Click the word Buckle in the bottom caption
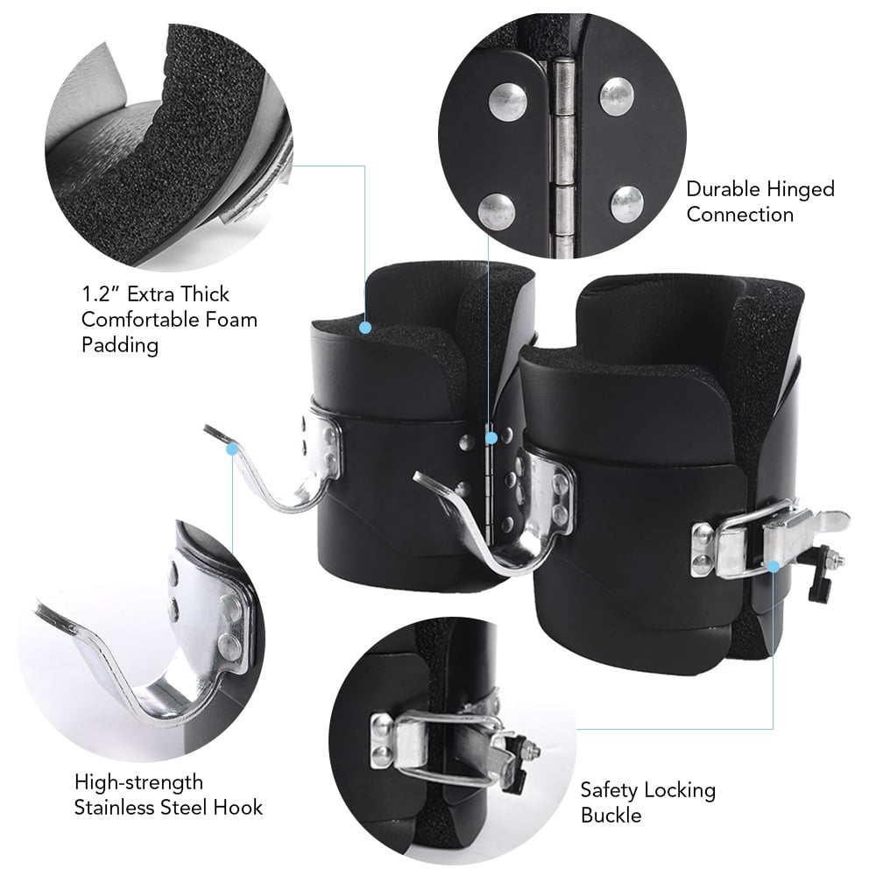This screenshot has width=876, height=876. [x=611, y=816]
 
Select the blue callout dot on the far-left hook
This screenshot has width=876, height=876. [x=233, y=449]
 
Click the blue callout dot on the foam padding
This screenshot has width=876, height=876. [x=364, y=328]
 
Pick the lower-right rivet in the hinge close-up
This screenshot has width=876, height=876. [x=628, y=203]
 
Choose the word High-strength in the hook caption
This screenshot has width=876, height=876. [x=138, y=781]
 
